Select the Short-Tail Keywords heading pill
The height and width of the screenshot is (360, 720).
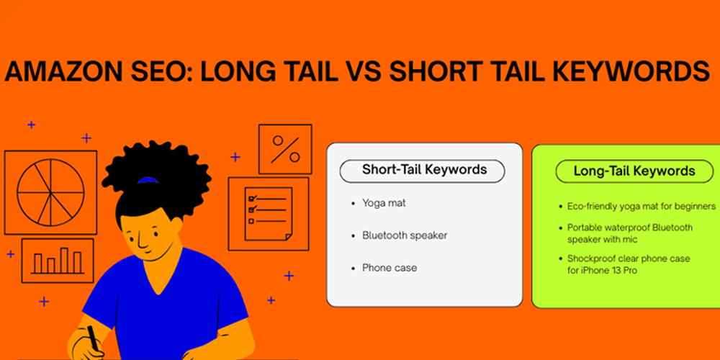coord(423,171)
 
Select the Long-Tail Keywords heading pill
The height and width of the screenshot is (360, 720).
coord(634,171)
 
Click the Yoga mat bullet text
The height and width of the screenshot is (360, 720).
coord(384,203)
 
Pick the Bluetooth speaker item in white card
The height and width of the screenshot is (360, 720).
coord(405,235)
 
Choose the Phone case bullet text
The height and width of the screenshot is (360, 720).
coord(390,268)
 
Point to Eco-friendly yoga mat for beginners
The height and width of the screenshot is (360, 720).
coord(641,206)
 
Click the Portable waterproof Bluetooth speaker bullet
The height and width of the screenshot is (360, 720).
coord(629,233)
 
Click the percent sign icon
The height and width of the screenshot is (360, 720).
coord(285,150)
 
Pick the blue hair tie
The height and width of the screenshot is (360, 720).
coord(148,179)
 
